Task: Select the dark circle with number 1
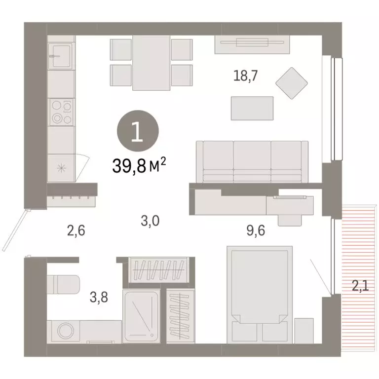pyautogui.click(x=138, y=132)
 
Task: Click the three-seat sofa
pyautogui.click(x=252, y=161)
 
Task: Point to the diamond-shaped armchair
pyautogui.click(x=291, y=82)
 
